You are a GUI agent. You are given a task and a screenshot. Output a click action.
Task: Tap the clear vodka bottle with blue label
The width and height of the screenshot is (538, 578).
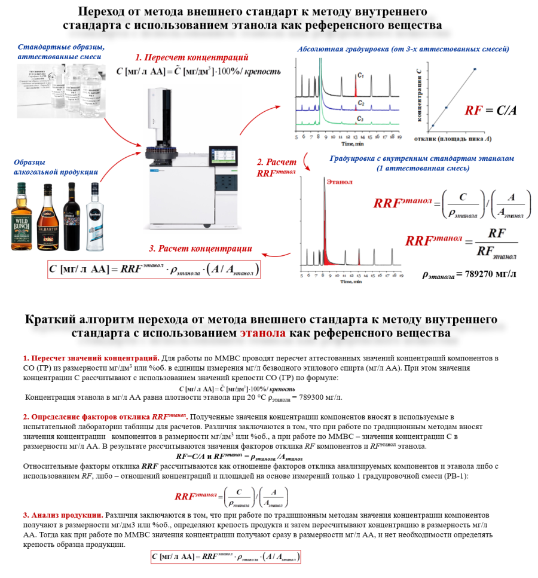[x=95, y=218]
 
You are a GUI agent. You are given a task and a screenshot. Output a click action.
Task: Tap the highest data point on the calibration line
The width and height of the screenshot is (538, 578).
[x=475, y=69]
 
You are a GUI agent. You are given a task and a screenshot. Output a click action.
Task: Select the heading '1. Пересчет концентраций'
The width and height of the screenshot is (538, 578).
[x=191, y=58]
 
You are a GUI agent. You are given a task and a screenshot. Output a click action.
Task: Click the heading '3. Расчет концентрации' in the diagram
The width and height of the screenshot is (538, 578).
[x=200, y=249]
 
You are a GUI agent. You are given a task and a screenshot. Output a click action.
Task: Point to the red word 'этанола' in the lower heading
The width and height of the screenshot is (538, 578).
[x=262, y=332]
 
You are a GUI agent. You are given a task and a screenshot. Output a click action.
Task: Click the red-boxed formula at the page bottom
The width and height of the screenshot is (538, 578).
[x=226, y=556]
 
